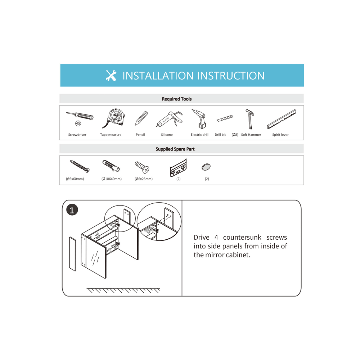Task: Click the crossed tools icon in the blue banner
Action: (111, 76)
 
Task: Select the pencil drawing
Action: (141, 118)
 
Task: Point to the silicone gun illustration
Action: (170, 119)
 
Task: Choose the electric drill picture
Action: (199, 119)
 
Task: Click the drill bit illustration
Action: (225, 118)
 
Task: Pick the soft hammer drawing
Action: (250, 119)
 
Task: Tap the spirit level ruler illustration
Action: (282, 119)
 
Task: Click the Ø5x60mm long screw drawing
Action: (80, 166)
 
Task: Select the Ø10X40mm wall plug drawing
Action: (111, 166)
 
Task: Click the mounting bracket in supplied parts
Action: (178, 168)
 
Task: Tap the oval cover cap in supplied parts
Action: (206, 167)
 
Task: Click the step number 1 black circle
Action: (72, 210)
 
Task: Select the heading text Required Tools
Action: (177, 99)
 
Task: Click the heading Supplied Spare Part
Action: (175, 149)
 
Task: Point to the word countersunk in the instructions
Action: (242, 237)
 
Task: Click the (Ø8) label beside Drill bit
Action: (235, 135)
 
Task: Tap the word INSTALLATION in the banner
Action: (158, 76)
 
